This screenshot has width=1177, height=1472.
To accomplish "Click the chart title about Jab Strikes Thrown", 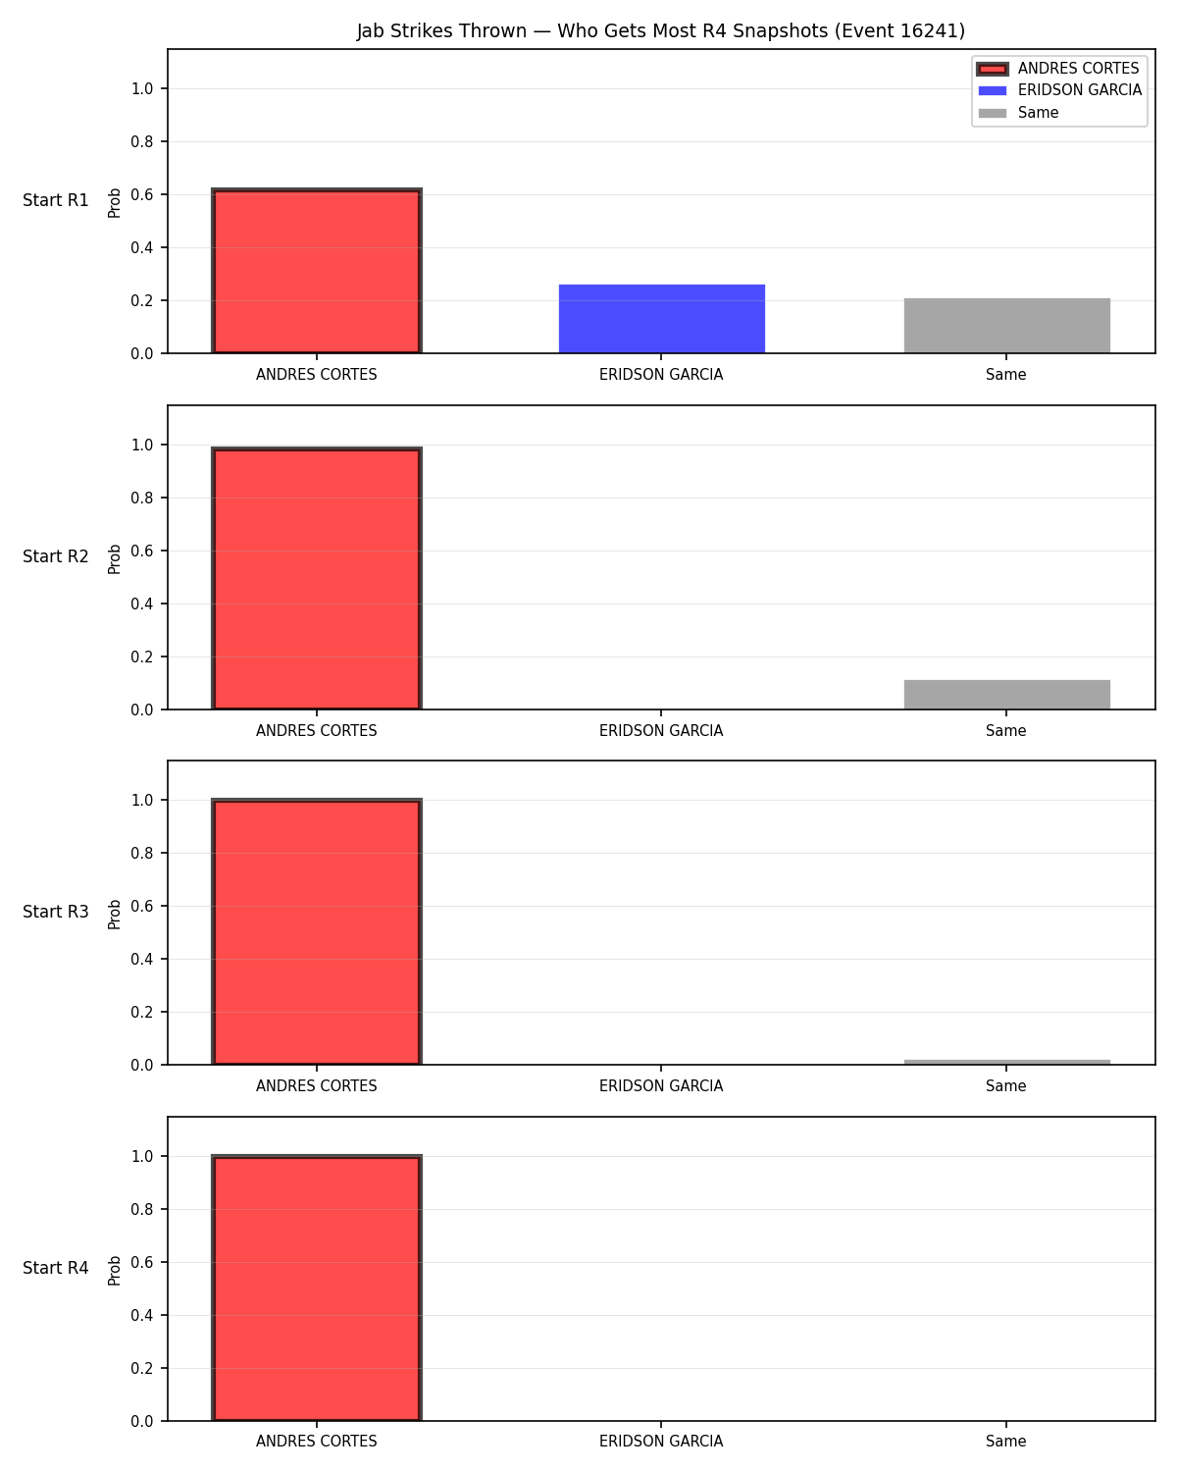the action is tap(660, 30).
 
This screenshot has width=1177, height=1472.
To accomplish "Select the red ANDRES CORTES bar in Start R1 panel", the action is tap(317, 270).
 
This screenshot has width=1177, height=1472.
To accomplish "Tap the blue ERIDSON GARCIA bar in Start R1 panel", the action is tap(661, 319).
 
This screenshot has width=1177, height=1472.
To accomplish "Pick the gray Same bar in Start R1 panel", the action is tap(1006, 326).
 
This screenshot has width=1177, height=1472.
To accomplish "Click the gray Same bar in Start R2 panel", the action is tap(1006, 694).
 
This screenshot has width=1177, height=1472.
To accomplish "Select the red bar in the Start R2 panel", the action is tap(317, 578).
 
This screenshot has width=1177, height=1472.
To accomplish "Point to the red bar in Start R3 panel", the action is tap(317, 931).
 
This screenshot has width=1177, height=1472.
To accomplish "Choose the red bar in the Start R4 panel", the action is tap(317, 1288).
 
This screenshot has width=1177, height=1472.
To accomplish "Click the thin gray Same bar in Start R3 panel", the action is tap(1006, 1062).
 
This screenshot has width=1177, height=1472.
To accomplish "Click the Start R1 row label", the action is tap(55, 200).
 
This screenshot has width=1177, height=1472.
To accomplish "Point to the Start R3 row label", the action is tap(55, 912).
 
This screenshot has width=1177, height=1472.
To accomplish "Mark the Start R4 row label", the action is tap(55, 1268).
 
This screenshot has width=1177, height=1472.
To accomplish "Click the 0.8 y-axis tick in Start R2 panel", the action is tap(141, 498).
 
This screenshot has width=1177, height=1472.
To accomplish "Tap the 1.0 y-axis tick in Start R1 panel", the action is tap(141, 89).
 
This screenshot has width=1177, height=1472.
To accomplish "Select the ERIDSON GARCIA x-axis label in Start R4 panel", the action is tap(661, 1442).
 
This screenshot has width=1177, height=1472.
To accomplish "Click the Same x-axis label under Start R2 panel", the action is tap(1005, 730).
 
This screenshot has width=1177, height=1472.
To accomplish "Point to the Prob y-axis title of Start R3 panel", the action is tap(114, 915).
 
